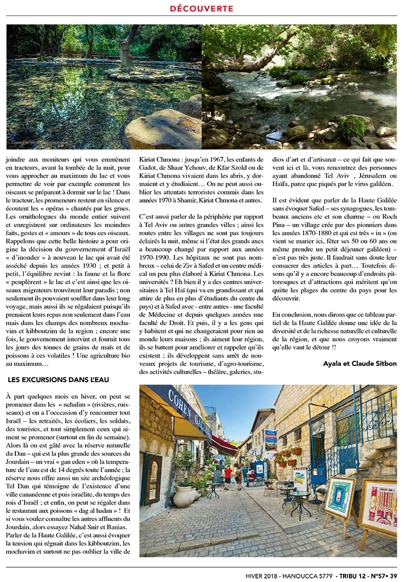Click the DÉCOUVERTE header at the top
pos(202,9)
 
